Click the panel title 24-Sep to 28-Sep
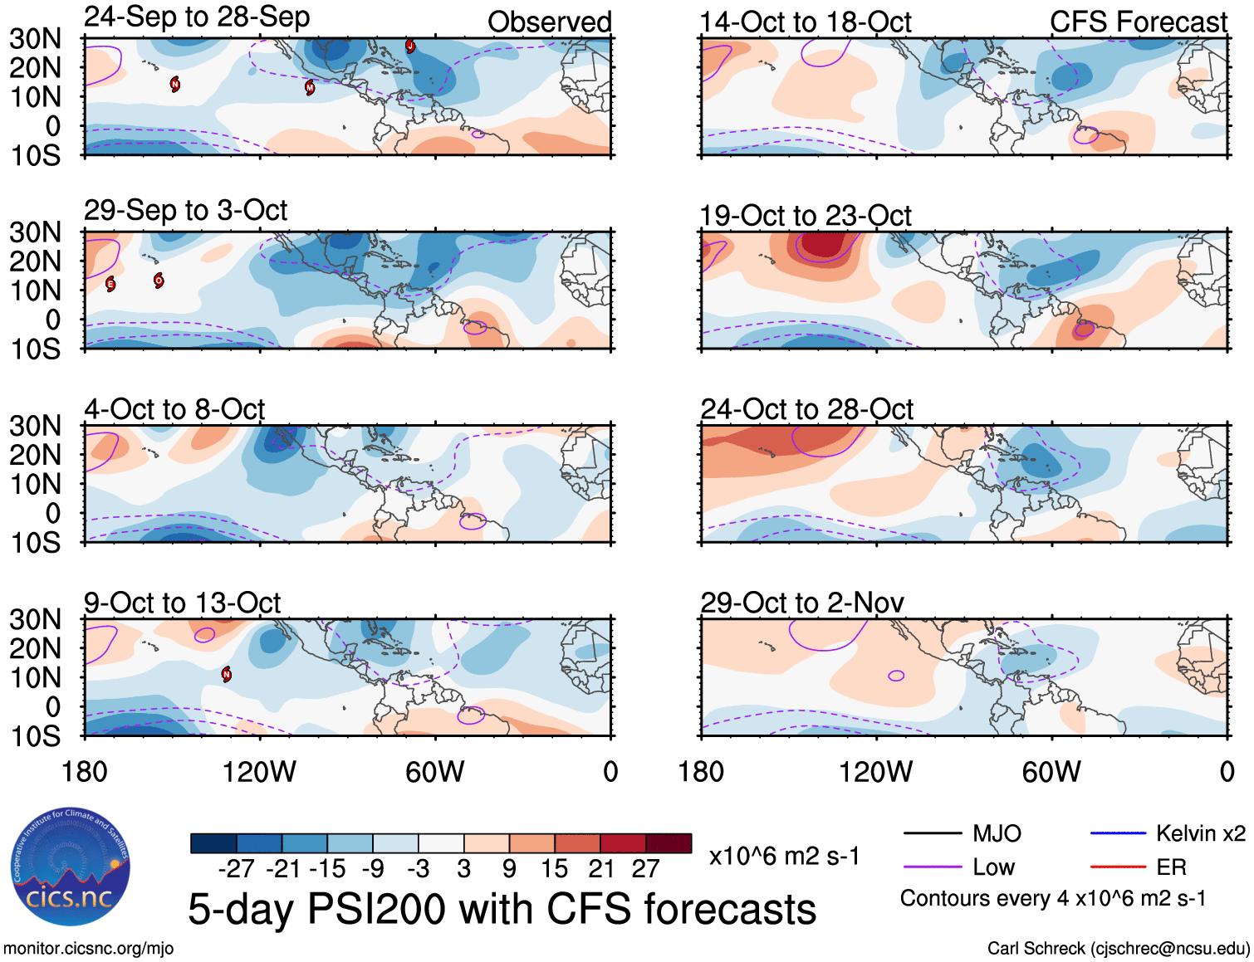[x=197, y=17]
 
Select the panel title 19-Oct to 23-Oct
[x=806, y=216]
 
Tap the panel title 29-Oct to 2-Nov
[x=801, y=603]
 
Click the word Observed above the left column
[x=549, y=22]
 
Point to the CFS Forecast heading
[x=1138, y=22]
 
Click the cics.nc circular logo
[x=70, y=867]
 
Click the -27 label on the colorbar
[x=236, y=869]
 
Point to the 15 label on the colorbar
[x=554, y=869]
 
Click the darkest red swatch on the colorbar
[x=669, y=843]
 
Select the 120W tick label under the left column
[x=258, y=772]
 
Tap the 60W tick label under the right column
[x=1051, y=772]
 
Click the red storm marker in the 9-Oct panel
[x=227, y=674]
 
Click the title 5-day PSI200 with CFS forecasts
[x=502, y=909]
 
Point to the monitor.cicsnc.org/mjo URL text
[x=89, y=948]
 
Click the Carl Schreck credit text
[x=1118, y=948]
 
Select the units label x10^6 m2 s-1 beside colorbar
[x=784, y=856]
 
